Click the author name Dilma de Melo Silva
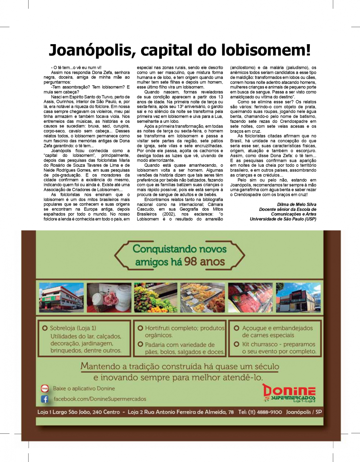coord(296,204)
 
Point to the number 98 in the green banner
coord(191,262)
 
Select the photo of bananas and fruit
coord(155,298)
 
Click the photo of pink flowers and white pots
coord(109,298)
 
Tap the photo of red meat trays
coord(250,298)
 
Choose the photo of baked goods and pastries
coord(202,298)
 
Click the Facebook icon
coord(45,399)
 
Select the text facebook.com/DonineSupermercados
coord(100,399)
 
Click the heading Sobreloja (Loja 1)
coord(73,328)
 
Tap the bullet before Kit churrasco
coord(237,344)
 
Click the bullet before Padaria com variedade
coord(140,344)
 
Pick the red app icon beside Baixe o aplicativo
coord(45,388)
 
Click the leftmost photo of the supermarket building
coord(61,298)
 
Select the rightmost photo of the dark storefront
coord(298,298)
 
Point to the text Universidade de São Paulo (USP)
coord(283,219)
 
